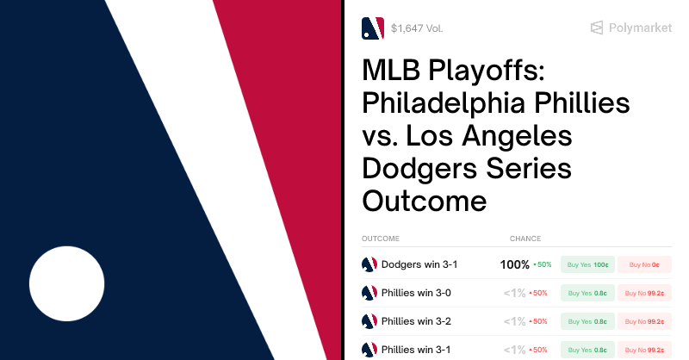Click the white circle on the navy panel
pos(66,284)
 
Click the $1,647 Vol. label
pos(417,28)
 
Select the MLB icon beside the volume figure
pos(372,28)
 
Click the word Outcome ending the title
pos(425,202)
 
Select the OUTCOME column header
pos(380,239)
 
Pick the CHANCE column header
pos(525,239)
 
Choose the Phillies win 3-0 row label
pos(416,293)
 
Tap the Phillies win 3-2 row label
pos(416,321)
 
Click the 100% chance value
pos(514,264)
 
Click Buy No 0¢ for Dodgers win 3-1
pos(644,264)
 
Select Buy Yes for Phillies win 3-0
pos(587,293)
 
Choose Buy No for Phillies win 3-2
pos(644,321)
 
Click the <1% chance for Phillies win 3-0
pos(514,293)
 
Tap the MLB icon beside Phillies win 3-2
pos(369,321)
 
